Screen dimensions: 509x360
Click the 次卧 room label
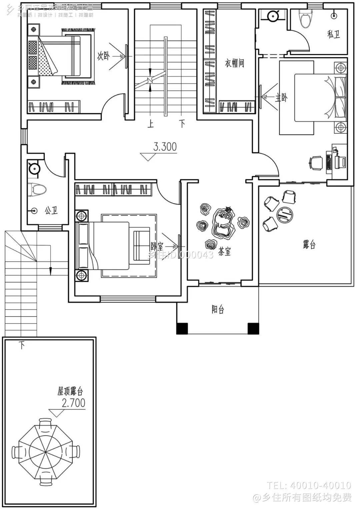(103, 56)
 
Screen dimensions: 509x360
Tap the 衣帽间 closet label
(234, 63)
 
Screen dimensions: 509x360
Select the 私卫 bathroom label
(333, 34)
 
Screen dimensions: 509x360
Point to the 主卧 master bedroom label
(281, 98)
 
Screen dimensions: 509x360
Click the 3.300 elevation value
(165, 147)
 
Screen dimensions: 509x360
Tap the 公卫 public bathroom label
(51, 210)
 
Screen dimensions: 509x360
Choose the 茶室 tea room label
(224, 252)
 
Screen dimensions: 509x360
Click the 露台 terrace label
(309, 245)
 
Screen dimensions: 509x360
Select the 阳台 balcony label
(218, 310)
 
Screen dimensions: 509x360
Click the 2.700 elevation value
(73, 403)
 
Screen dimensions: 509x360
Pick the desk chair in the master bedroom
(316, 163)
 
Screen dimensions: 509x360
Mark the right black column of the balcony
(253, 329)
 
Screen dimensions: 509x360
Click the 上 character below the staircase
(150, 124)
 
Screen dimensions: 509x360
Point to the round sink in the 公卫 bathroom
(34, 168)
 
